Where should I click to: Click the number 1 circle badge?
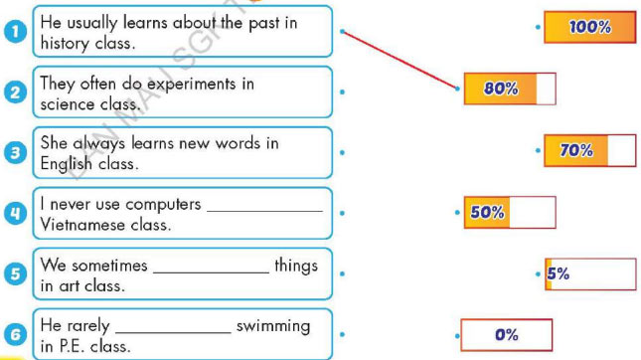click(x=15, y=33)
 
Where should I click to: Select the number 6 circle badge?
click(x=15, y=334)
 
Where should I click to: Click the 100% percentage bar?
click(x=589, y=28)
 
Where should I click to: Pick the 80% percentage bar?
click(x=509, y=89)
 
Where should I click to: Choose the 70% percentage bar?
click(x=589, y=150)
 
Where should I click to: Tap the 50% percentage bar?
click(x=509, y=212)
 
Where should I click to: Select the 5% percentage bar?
click(x=589, y=274)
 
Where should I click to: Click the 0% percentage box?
click(x=507, y=334)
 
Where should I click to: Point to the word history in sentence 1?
click(x=65, y=43)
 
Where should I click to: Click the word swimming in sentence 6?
click(x=272, y=325)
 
